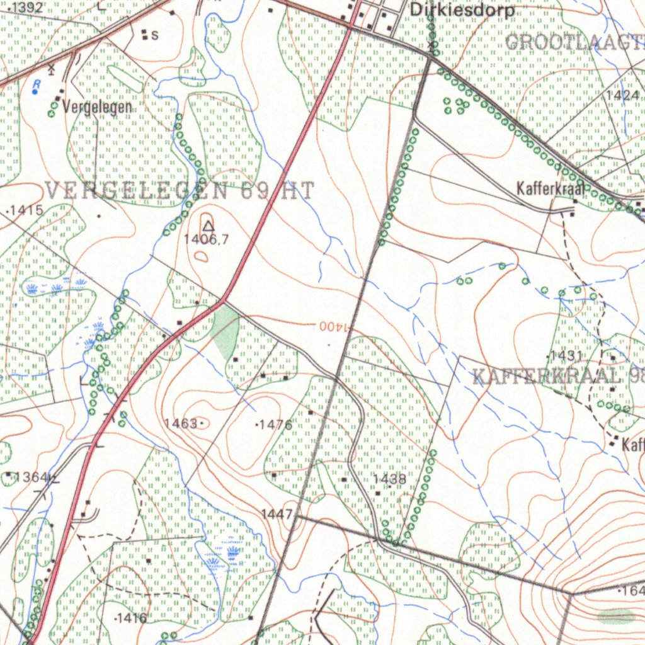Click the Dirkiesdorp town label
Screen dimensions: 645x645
[461, 11]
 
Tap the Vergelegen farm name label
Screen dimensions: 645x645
[97, 107]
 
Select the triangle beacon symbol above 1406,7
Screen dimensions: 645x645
[208, 225]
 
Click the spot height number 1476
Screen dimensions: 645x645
[275, 425]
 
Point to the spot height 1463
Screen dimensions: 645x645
[181, 423]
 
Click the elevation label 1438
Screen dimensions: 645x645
[389, 479]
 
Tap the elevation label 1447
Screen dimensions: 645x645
[277, 515]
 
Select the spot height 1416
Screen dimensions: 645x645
[132, 618]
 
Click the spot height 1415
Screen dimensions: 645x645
[27, 210]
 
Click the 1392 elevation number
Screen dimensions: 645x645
[27, 8]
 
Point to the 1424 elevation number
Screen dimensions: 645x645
[624, 95]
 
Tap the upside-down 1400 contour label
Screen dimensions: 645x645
[334, 326]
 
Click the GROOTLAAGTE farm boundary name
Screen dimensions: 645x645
[573, 43]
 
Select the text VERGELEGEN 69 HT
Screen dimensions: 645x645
[180, 191]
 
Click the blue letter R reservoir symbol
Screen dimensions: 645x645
[37, 85]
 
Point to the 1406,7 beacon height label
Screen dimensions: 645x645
[207, 239]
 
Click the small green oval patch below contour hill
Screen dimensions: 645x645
[616, 616]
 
